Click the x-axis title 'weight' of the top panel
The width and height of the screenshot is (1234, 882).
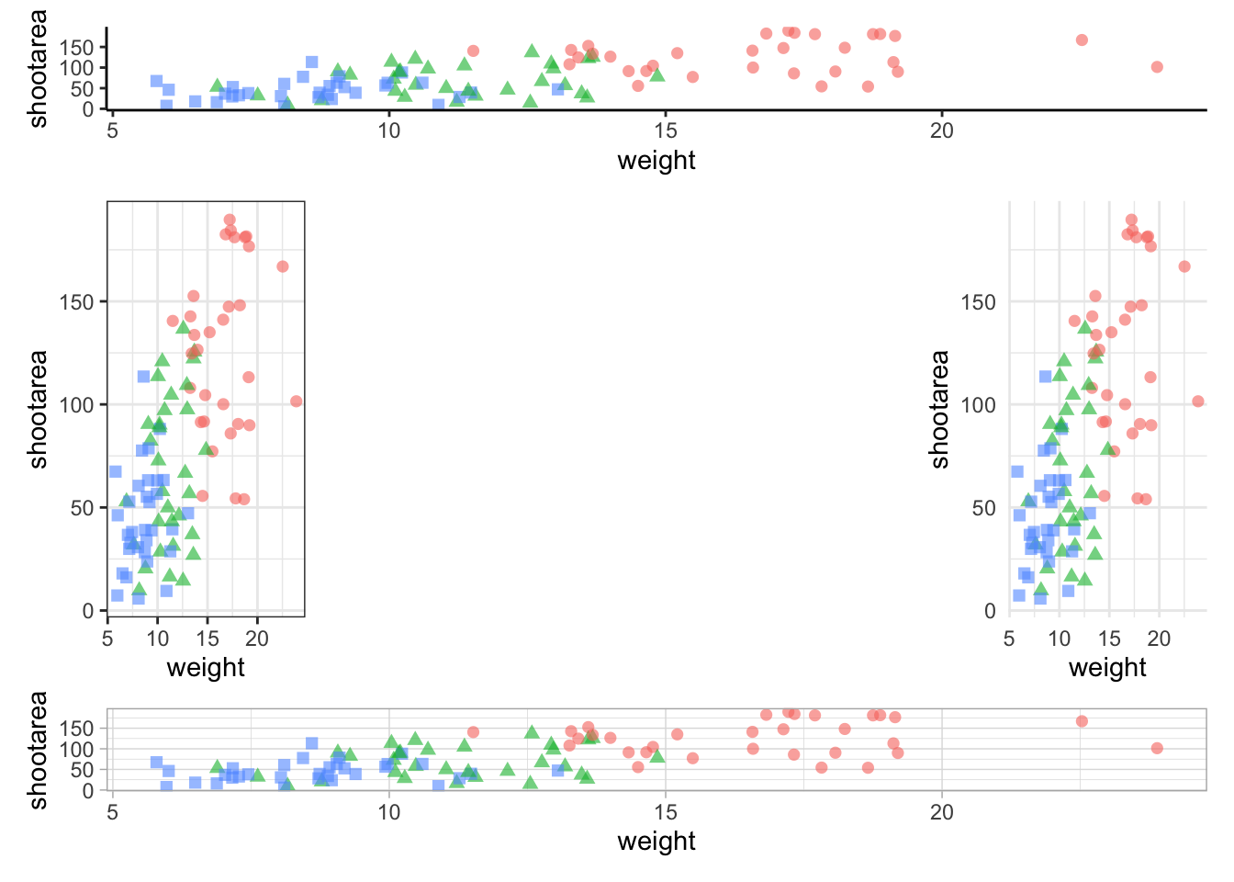point(656,161)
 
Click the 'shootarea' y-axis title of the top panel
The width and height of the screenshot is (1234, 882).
point(38,68)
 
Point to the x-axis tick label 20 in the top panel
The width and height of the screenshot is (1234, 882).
point(942,130)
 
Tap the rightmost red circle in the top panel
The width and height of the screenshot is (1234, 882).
point(1157,67)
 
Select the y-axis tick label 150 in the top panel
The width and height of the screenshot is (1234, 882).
point(76,48)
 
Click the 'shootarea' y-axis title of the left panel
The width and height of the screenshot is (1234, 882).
point(38,409)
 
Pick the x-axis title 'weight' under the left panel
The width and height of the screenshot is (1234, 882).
point(206,668)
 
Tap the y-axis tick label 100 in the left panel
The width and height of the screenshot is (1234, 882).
point(76,405)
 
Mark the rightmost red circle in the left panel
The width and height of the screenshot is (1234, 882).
point(296,401)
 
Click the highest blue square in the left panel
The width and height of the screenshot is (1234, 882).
point(143,377)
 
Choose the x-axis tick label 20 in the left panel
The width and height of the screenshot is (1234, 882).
point(257,639)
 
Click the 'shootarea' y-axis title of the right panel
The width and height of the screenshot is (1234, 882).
point(939,409)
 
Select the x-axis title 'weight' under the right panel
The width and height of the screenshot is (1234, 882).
point(1107,668)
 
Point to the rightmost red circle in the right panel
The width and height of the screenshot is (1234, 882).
point(1197,401)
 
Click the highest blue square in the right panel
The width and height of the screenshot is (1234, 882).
point(1045,377)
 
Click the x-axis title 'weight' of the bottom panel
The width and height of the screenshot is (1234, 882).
point(656,842)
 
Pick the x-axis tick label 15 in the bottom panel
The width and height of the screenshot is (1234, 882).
point(666,812)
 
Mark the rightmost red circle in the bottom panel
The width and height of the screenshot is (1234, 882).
point(1157,749)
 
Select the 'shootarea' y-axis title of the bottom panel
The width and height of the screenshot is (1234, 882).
point(38,750)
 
